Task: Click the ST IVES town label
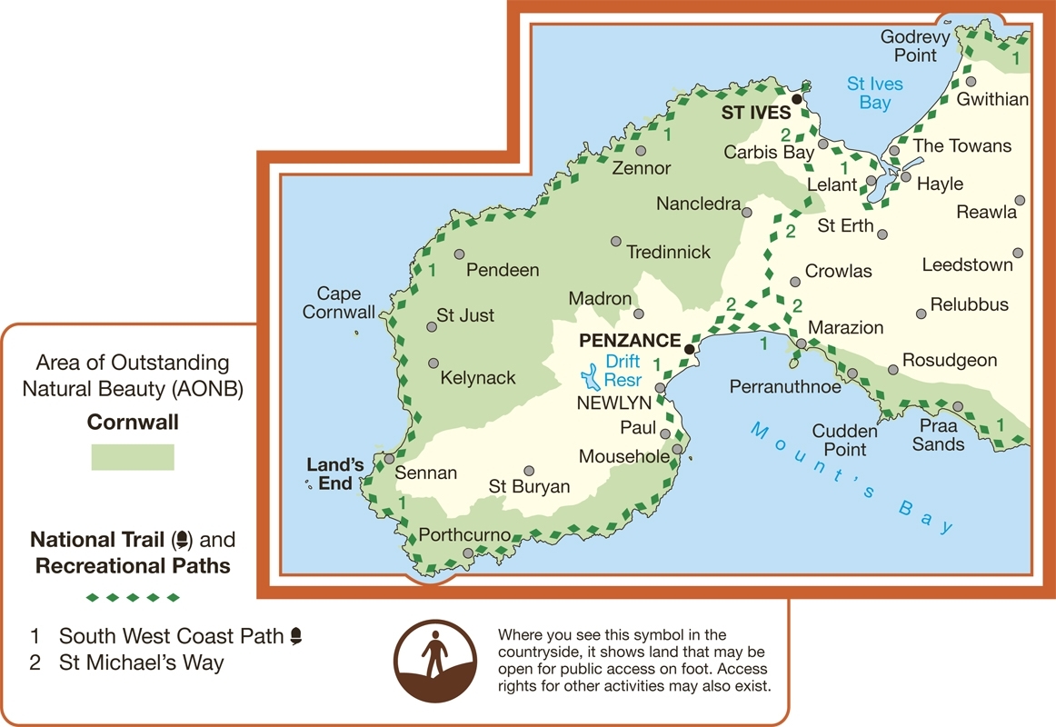(755, 114)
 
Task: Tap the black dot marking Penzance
(690, 349)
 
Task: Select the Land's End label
(331, 474)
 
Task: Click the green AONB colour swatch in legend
(133, 457)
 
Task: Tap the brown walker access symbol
(435, 661)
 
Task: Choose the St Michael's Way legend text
(141, 662)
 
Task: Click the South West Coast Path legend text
(173, 636)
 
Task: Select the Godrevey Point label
(915, 46)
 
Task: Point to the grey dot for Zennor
(642, 151)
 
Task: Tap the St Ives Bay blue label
(875, 94)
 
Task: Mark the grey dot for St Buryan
(529, 471)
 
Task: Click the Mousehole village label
(623, 456)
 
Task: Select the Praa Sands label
(939, 435)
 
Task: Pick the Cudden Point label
(845, 440)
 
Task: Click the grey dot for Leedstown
(1018, 253)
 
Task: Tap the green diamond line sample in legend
(133, 597)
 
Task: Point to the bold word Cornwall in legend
(133, 423)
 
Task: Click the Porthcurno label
(463, 535)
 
